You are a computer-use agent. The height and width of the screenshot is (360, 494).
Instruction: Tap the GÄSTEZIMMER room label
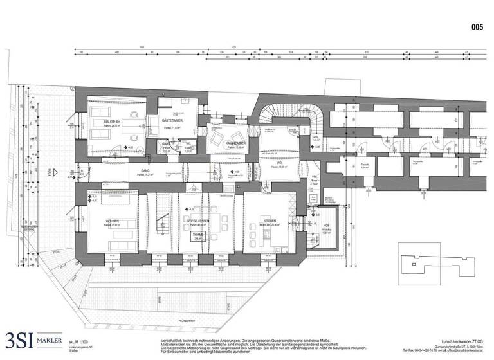[174, 121]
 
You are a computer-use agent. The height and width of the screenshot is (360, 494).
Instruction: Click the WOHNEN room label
[113, 221]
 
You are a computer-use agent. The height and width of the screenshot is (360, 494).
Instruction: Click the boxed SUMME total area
[197, 236]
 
